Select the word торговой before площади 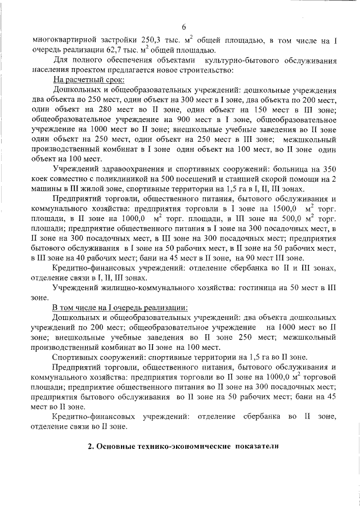318,376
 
